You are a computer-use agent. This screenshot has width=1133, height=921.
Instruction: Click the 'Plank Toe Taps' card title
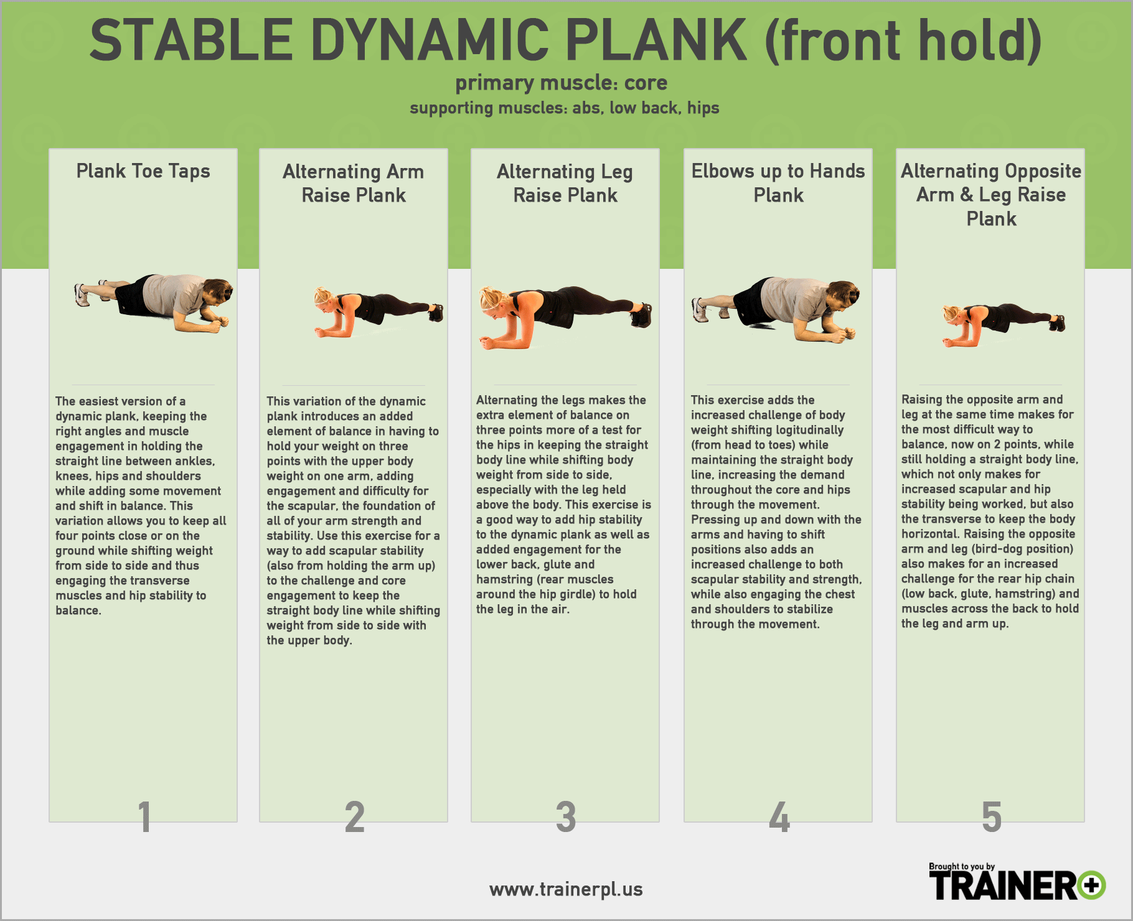point(143,171)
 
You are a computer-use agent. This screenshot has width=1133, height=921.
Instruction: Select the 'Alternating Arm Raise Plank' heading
point(354,183)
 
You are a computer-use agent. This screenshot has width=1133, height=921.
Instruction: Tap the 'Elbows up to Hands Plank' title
point(778,183)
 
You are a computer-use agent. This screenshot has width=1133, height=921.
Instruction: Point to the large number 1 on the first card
point(144,816)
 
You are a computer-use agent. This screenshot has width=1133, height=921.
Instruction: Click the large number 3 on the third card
point(566,816)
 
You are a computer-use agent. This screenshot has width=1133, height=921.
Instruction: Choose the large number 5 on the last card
point(992,816)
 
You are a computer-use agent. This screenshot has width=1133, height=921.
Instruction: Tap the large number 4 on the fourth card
point(779,816)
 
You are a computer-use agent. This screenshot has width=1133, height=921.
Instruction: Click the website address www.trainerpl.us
point(566,889)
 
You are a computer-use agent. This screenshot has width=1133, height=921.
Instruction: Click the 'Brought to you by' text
point(962,866)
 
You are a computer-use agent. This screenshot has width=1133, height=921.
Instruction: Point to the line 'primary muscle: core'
point(562,83)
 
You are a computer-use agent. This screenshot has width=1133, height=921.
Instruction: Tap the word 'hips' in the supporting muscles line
point(703,108)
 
